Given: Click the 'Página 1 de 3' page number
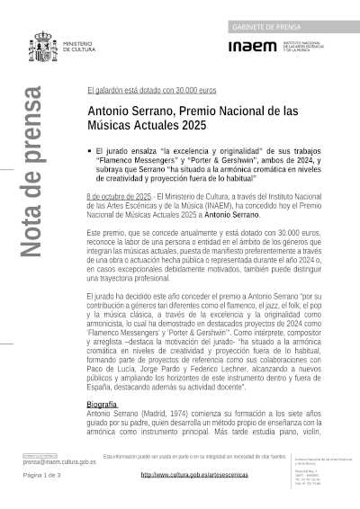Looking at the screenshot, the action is pos(41,475).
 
